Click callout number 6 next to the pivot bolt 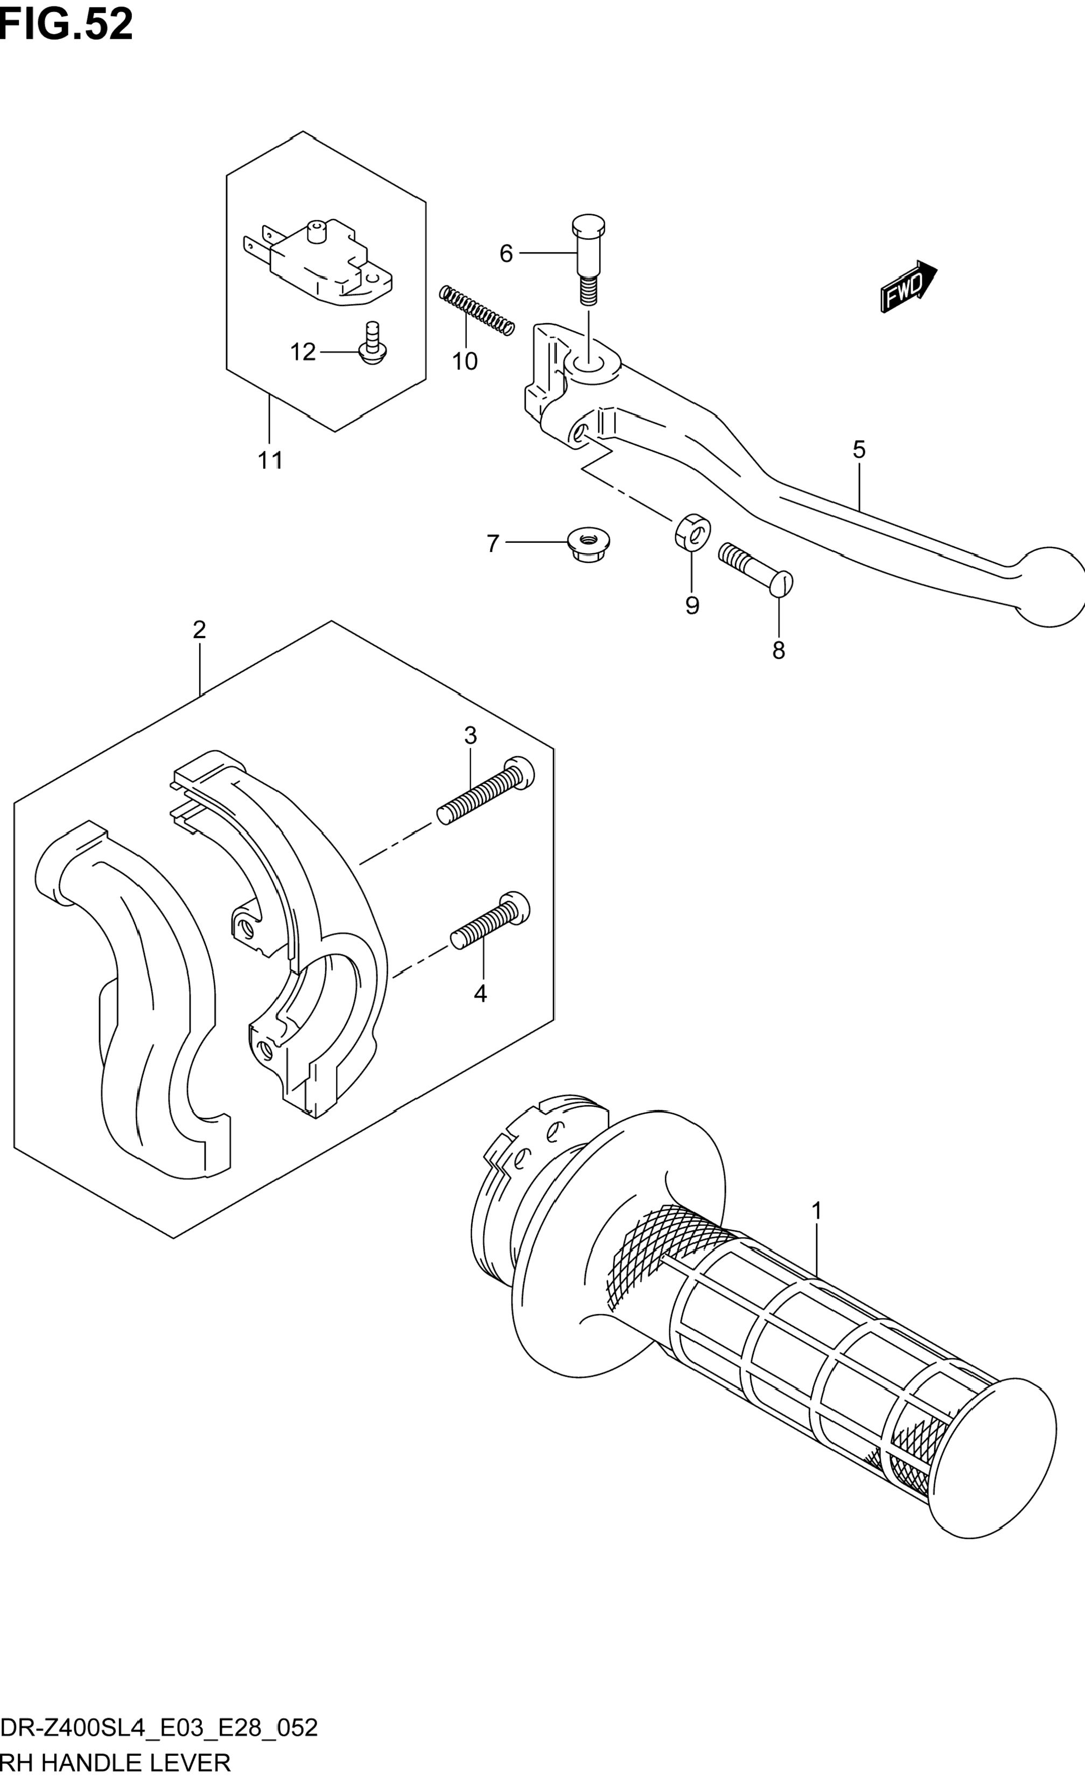pos(506,254)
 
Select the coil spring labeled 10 pos(477,310)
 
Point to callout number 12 pos(303,352)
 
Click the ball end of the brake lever pos(1051,585)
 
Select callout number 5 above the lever pos(858,450)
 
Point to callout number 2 pos(199,630)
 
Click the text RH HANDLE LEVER pos(116,1762)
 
